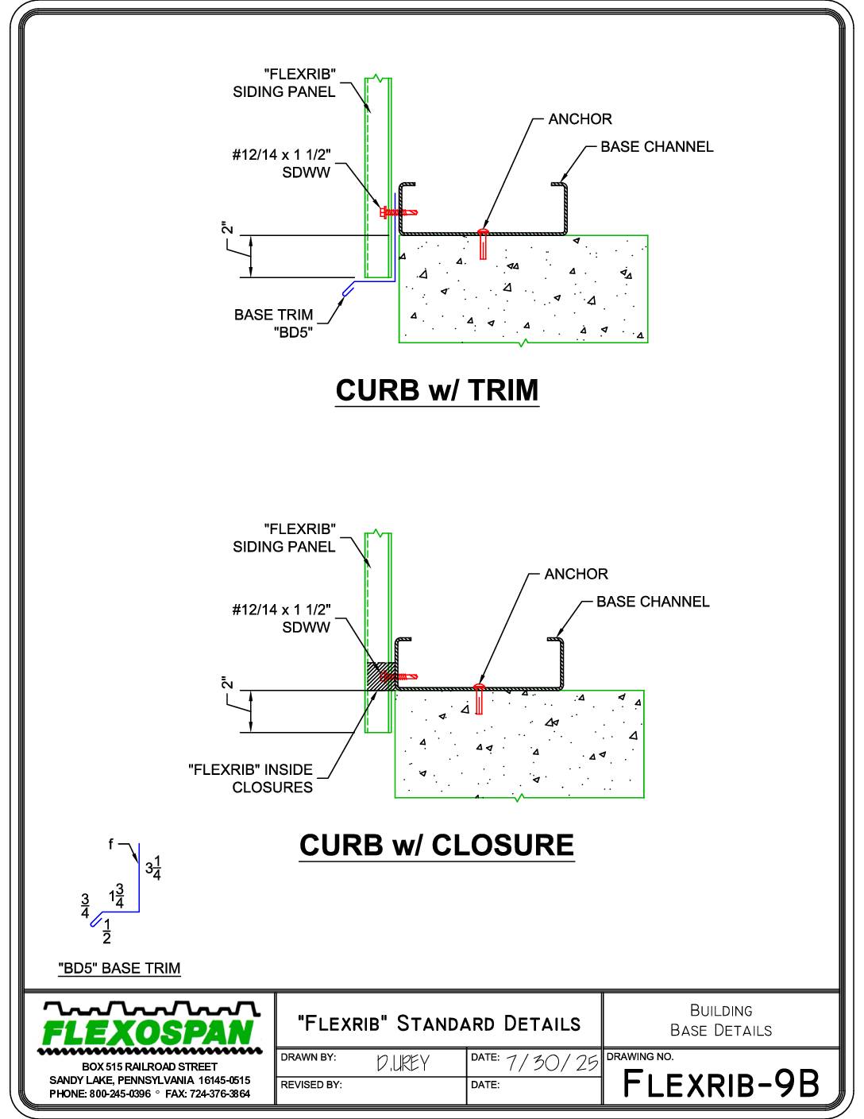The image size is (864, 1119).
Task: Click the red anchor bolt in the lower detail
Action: click(479, 699)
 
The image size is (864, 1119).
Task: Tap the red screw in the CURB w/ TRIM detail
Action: click(399, 211)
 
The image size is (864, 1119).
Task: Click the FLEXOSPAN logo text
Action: click(148, 1032)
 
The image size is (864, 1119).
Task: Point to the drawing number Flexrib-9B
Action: click(721, 1083)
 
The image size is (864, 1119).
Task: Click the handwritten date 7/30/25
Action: click(552, 1063)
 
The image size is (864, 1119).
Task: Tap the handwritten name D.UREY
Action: click(403, 1063)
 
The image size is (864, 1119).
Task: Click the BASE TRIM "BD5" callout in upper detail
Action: click(273, 323)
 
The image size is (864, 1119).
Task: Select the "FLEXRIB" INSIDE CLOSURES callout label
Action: click(251, 778)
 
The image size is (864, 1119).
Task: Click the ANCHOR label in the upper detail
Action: click(580, 119)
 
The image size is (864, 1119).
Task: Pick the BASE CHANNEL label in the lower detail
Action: click(653, 602)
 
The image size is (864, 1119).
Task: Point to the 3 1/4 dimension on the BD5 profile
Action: click(153, 868)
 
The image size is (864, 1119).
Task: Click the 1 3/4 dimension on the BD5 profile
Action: click(116, 896)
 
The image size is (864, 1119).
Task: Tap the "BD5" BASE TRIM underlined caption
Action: click(119, 968)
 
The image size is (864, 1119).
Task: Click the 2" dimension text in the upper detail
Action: click(227, 228)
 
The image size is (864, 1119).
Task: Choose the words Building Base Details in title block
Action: click(721, 1020)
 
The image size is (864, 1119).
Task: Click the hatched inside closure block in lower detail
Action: click(381, 676)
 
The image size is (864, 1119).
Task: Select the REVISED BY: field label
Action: click(310, 1085)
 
